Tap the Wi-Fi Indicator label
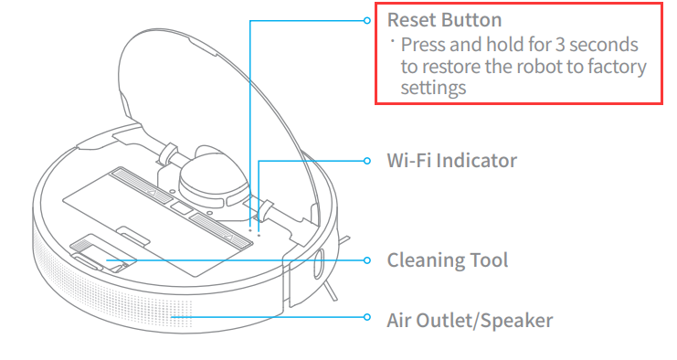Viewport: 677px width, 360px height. click(451, 162)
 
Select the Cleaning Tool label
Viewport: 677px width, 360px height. click(447, 260)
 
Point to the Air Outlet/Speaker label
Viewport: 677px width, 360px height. click(470, 320)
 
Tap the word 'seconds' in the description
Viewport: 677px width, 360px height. click(602, 45)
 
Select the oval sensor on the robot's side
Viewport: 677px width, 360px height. click(321, 265)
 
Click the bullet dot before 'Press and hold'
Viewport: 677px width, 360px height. click(391, 41)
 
